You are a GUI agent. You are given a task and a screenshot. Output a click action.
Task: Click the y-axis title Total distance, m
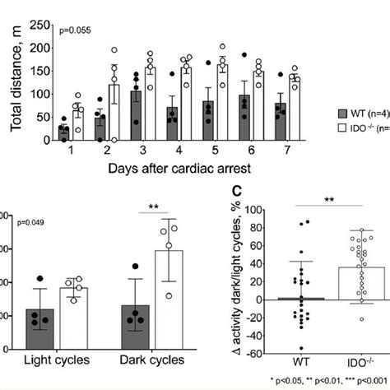coord(16,79)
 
